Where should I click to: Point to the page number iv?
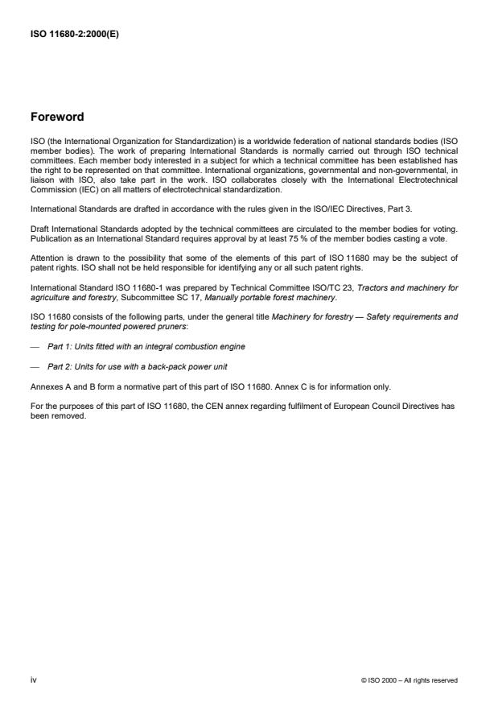tap(33, 680)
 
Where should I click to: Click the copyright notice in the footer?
tap(410, 680)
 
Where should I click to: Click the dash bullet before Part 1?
tap(34, 346)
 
